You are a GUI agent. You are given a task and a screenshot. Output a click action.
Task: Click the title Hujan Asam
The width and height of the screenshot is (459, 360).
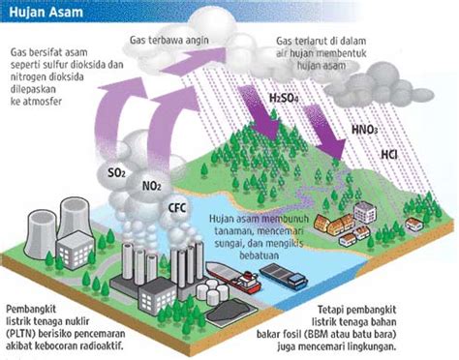click(x=41, y=12)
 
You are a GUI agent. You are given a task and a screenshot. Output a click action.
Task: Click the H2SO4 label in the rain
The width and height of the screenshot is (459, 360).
click(x=282, y=99)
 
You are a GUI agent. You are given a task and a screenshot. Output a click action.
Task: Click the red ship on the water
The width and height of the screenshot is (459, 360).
click(x=244, y=283)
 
